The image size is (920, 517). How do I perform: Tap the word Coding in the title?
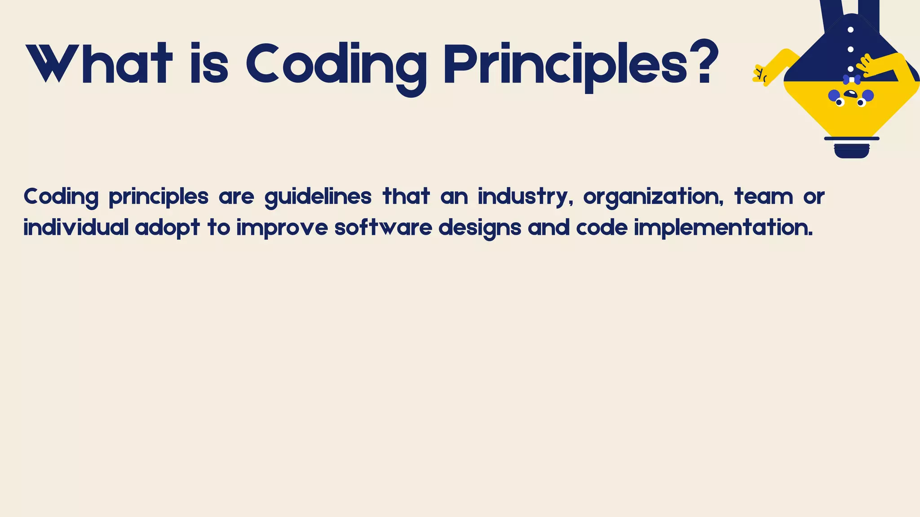pyautogui.click(x=336, y=65)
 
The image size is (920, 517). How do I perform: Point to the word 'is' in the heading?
pyautogui.click(x=209, y=64)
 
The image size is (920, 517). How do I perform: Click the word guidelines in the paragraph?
pyautogui.click(x=318, y=197)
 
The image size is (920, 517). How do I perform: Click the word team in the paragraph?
pyautogui.click(x=764, y=197)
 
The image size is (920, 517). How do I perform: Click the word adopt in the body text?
pyautogui.click(x=167, y=228)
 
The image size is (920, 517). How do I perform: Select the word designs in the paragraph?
pyautogui.click(x=479, y=228)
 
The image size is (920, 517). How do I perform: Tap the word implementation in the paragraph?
pyautogui.click(x=723, y=228)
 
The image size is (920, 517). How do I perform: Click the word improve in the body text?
pyautogui.click(x=282, y=228)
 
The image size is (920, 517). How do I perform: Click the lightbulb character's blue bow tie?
pyautogui.click(x=852, y=79)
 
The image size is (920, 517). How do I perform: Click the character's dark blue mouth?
pyautogui.click(x=851, y=94)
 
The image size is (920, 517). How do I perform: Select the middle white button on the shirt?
pyautogui.click(x=850, y=49)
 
